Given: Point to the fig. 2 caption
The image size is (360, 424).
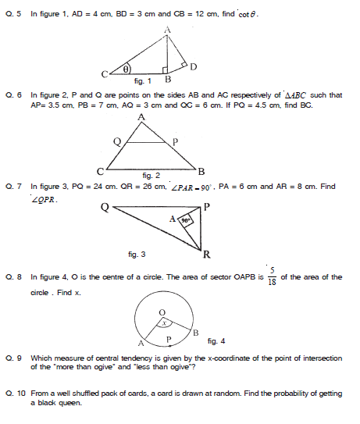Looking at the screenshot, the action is pos(151,175).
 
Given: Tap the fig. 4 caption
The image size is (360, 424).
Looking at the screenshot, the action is pos(216,340).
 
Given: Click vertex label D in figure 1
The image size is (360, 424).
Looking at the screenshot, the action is pos(193,64).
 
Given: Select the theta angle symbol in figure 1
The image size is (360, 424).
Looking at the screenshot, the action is pos(124,69).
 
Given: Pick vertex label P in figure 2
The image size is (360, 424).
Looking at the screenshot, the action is pos(175,141).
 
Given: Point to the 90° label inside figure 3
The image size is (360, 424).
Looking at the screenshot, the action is pos(185,221).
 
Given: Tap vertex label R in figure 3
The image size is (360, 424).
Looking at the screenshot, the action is pos(206,255).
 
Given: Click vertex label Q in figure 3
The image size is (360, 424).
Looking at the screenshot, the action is pos(104,208).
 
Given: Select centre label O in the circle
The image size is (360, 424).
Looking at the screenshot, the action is pos(162,311).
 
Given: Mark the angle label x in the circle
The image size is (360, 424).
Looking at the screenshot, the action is pos(162,322).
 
